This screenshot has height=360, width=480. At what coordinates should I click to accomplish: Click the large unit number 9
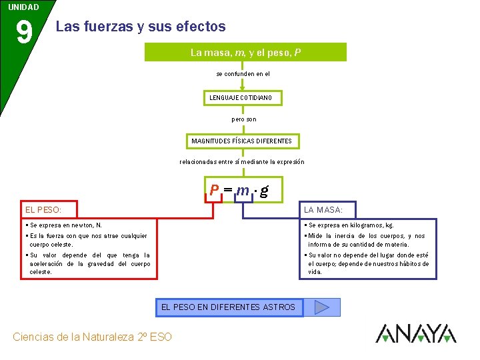[23, 33]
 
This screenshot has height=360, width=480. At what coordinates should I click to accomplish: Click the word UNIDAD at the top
[23, 7]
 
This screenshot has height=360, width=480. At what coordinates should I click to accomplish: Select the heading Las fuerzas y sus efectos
[141, 27]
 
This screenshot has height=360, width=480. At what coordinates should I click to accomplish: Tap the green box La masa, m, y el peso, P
[245, 52]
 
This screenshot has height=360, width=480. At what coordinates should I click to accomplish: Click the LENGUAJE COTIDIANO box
[241, 98]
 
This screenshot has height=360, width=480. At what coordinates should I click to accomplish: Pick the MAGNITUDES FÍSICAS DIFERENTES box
[241, 141]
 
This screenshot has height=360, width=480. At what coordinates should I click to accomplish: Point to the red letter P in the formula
[214, 190]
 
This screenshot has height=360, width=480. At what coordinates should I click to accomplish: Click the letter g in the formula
[264, 191]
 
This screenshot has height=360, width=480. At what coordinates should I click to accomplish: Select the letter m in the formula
[243, 190]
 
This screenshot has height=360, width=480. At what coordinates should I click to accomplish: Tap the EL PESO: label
[43, 210]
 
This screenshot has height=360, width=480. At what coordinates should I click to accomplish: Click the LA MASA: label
[323, 210]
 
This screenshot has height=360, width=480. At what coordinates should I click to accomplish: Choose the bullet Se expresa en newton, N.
[66, 225]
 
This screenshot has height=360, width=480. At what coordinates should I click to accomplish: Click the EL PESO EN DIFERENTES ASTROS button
[228, 307]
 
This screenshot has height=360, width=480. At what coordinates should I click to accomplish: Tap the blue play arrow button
[322, 307]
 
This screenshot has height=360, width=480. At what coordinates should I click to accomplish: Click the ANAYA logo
[415, 333]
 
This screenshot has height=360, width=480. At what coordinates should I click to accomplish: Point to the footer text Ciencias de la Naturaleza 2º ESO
[92, 337]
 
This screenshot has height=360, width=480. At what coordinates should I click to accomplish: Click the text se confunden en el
[243, 74]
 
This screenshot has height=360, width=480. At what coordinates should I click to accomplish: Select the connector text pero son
[243, 119]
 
